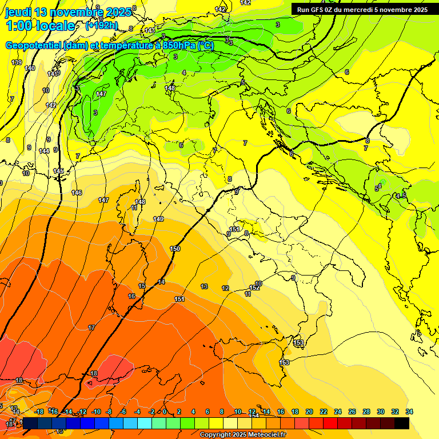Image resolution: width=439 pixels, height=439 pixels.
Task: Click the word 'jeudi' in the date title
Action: (x=19, y=11)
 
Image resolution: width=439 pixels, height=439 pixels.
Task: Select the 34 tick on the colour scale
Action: (x=409, y=412)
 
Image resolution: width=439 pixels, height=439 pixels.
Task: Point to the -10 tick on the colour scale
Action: (x=97, y=412)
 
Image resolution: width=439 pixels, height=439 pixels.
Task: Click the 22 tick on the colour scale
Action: (x=323, y=412)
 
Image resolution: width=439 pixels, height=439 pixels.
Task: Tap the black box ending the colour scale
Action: (x=402, y=423)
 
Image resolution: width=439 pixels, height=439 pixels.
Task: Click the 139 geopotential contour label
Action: (x=17, y=62)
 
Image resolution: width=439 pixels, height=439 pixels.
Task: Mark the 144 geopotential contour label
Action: (x=44, y=151)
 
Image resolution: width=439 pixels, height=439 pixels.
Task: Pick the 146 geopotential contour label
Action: (x=77, y=193)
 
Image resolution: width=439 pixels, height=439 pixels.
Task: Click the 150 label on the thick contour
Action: (x=175, y=249)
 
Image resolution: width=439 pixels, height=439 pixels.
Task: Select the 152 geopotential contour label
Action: (x=254, y=288)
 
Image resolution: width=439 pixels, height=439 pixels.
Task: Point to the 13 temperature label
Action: (x=204, y=286)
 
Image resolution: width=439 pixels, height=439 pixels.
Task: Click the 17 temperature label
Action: (x=91, y=328)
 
